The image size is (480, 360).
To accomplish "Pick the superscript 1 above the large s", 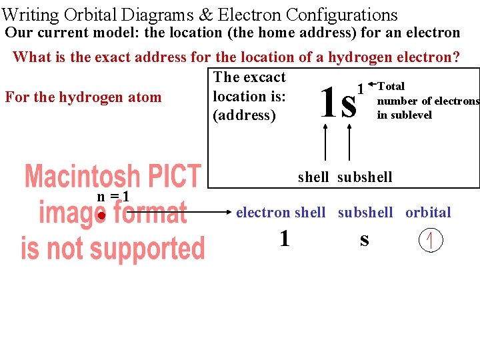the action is point(361,88).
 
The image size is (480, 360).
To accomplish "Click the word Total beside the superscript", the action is point(391,86).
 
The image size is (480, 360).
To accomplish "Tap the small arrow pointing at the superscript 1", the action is point(371,85).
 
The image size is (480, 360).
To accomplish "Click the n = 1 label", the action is point(113,197).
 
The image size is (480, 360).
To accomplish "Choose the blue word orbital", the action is point(428,213).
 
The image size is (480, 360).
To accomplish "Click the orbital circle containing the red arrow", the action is point(431,241).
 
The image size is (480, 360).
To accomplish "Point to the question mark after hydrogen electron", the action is point(455,57).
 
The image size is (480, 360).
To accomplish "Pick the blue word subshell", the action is point(365,213).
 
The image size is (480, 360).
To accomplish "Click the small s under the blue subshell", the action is point(364,239).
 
